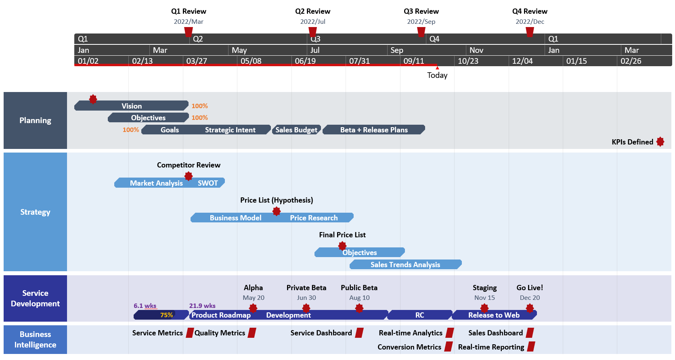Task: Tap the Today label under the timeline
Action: pyautogui.click(x=437, y=75)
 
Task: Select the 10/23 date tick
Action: pyautogui.click(x=468, y=61)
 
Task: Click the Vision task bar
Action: pyautogui.click(x=132, y=106)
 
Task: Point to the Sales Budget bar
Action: pyautogui.click(x=296, y=130)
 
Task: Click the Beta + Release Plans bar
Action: pyautogui.click(x=374, y=130)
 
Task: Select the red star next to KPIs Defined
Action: pyautogui.click(x=660, y=142)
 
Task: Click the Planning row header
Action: pyautogui.click(x=35, y=120)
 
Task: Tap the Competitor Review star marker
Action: pyautogui.click(x=189, y=176)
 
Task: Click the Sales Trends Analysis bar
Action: pyautogui.click(x=405, y=264)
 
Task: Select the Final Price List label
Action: pyautogui.click(x=342, y=235)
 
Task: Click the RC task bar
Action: pyautogui.click(x=419, y=315)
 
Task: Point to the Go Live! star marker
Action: pyautogui.click(x=530, y=308)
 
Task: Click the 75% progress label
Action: pyautogui.click(x=166, y=315)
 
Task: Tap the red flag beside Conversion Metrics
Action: pyautogui.click(x=449, y=347)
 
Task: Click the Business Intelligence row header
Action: pyautogui.click(x=35, y=339)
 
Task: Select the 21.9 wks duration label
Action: pyautogui.click(x=202, y=306)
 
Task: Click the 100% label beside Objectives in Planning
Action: pyautogui.click(x=199, y=117)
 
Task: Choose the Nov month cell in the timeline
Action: pyautogui.click(x=476, y=50)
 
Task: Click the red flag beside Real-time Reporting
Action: pyautogui.click(x=531, y=347)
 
